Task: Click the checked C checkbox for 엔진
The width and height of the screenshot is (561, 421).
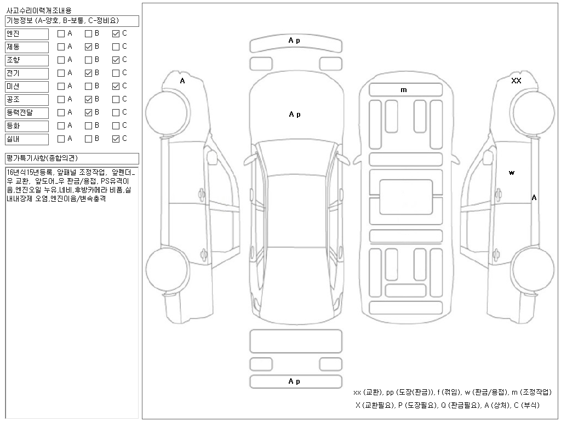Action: pyautogui.click(x=116, y=33)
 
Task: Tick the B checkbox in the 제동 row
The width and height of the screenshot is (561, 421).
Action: pyautogui.click(x=88, y=47)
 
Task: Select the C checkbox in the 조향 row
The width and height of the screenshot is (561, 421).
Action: pyautogui.click(x=116, y=60)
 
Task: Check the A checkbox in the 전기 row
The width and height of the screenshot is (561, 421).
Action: pyautogui.click(x=61, y=73)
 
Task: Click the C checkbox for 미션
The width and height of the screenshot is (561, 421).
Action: pyautogui.click(x=116, y=86)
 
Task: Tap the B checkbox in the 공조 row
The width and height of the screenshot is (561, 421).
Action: pyautogui.click(x=88, y=99)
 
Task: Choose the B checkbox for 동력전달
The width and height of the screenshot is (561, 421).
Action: pyautogui.click(x=88, y=112)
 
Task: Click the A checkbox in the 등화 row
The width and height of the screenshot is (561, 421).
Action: pyautogui.click(x=61, y=126)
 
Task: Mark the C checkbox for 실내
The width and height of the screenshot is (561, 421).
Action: pyautogui.click(x=116, y=139)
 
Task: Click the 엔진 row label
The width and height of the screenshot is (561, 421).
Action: pyautogui.click(x=26, y=34)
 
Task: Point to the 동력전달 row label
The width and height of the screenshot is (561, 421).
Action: pyautogui.click(x=26, y=113)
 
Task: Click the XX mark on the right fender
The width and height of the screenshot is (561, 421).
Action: pyautogui.click(x=516, y=81)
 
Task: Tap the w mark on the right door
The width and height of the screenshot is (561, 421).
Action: pyautogui.click(x=512, y=173)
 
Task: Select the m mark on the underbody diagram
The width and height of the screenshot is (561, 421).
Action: pyautogui.click(x=404, y=90)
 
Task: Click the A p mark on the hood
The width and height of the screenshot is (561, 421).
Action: pyautogui.click(x=295, y=115)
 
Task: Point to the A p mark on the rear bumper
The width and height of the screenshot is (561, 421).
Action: pyautogui.click(x=295, y=382)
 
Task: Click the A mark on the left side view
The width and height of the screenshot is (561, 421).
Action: pyautogui.click(x=182, y=81)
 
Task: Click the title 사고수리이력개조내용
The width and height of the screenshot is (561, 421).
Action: pyautogui.click(x=38, y=10)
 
